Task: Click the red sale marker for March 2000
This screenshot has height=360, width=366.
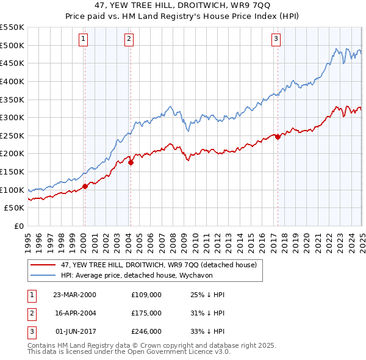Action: (85, 187)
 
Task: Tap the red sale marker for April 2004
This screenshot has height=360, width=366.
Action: (131, 162)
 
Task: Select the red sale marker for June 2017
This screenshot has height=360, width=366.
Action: (278, 137)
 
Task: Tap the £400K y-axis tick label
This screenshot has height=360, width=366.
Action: (12, 81)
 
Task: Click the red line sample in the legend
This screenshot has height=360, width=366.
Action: (43, 265)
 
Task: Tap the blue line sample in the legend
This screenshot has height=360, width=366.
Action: (43, 275)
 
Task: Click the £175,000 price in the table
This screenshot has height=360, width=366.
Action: (146, 313)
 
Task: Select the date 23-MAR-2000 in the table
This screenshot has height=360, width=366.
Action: (74, 295)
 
